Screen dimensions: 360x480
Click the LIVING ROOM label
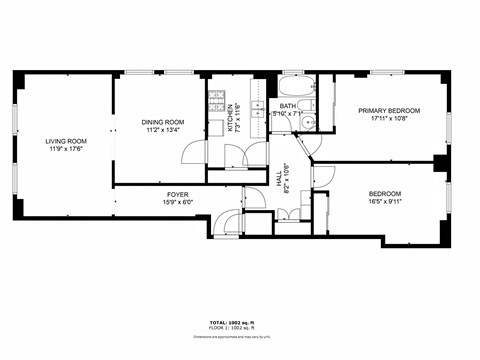coord(64,142)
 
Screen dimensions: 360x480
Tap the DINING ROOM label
coord(162,122)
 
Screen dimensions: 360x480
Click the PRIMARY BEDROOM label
coord(388,111)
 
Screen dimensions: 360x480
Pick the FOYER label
coord(177,195)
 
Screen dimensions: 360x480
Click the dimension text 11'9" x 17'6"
coord(64,151)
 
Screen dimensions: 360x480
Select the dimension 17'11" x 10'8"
coord(388,120)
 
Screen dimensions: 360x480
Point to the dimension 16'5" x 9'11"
coord(384,203)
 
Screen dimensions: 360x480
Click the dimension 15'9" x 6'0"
coord(177,204)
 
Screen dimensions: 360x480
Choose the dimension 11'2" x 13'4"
coord(162,130)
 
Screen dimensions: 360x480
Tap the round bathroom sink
coord(310,123)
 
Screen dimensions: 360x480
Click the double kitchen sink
coord(257,106)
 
